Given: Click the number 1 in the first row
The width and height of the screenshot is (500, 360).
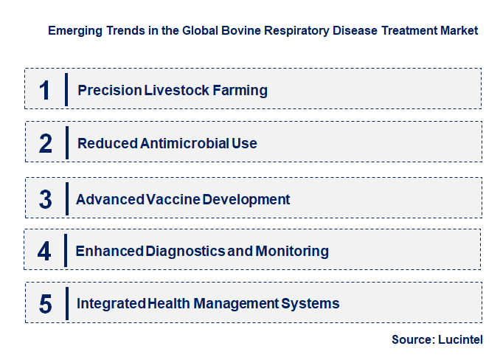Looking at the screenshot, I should click(45, 90).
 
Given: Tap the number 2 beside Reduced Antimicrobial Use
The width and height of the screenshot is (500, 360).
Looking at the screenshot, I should click(45, 143).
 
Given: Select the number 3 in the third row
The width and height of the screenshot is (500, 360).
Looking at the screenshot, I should click(45, 199).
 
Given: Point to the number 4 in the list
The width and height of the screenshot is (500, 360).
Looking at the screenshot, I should click(45, 251).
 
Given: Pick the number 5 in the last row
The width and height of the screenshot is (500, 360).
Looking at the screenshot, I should click(45, 303).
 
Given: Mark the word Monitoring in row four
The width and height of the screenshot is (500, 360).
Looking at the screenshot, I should click(291, 251).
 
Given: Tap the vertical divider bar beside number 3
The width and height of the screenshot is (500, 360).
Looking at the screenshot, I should click(66, 199).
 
